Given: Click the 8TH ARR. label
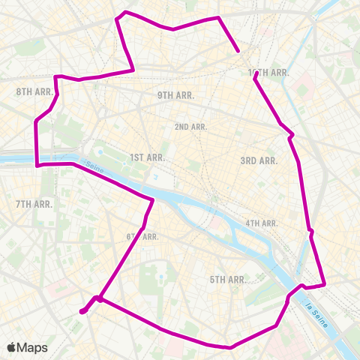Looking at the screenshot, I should pyautogui.click(x=33, y=91).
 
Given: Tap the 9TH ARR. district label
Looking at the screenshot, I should pyautogui.click(x=175, y=95).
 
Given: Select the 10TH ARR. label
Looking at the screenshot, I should pyautogui.click(x=268, y=73).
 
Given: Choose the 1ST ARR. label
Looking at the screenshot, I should pyautogui.click(x=147, y=157).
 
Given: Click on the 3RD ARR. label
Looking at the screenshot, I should pyautogui.click(x=259, y=160).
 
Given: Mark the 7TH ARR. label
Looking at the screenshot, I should pyautogui.click(x=33, y=204).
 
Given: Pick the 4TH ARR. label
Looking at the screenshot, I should pyautogui.click(x=262, y=223).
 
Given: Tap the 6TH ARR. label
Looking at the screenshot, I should pyautogui.click(x=142, y=237).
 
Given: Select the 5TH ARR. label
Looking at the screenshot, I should pyautogui.click(x=228, y=280).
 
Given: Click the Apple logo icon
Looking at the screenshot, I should pyautogui.click(x=12, y=347).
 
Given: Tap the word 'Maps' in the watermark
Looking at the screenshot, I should pyautogui.click(x=33, y=347).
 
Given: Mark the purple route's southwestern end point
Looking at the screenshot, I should pyautogui.click(x=81, y=310).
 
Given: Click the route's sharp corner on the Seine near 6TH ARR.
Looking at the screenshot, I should pyautogui.click(x=153, y=199).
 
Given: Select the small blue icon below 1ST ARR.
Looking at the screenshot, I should pyautogui.click(x=155, y=177).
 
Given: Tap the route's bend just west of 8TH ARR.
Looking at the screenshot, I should pyautogui.click(x=56, y=77).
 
